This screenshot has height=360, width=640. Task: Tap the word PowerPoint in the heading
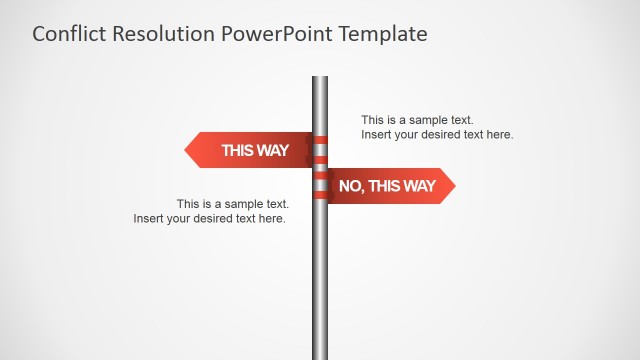point(274,34)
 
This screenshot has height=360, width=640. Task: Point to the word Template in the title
point(383,34)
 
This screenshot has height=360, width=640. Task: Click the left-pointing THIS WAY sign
point(250,150)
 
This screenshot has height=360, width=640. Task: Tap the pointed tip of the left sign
point(187,150)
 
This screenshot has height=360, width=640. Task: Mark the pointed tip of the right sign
point(453,186)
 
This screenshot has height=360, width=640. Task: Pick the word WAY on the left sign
point(272,151)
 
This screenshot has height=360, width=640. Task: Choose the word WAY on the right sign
point(418,186)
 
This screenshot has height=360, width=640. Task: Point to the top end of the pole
point(320,79)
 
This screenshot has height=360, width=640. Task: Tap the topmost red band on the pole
point(320,140)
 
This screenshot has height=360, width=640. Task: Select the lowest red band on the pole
point(320,194)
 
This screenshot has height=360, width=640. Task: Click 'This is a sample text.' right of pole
point(418,120)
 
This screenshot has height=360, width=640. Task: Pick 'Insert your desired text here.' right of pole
point(437,134)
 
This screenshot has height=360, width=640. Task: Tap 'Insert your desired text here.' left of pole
point(210,218)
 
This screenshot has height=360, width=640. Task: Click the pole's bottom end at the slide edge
point(320,355)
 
